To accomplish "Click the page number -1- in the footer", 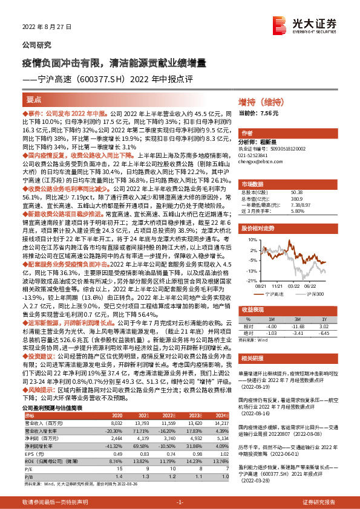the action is click(180, 502).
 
